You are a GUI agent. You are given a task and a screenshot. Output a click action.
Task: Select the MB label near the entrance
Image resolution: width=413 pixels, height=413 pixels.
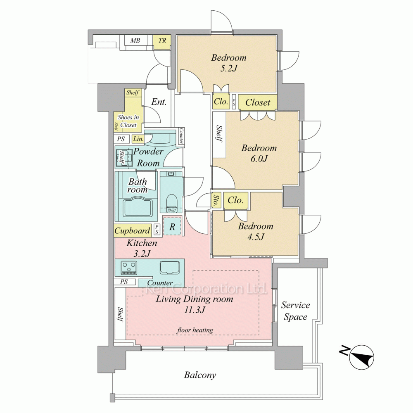point(135,40)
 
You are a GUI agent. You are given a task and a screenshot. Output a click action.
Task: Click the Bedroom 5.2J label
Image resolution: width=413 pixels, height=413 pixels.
point(229,63)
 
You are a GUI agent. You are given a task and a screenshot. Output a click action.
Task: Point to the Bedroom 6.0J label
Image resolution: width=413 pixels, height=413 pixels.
point(259,153)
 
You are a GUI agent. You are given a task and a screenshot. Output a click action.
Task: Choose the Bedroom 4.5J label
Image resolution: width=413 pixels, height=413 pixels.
point(256,231)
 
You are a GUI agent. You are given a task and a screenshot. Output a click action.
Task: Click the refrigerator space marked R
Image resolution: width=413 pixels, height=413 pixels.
point(172,226)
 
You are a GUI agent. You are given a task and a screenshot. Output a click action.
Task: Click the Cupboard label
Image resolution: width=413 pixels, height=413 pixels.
point(132,231)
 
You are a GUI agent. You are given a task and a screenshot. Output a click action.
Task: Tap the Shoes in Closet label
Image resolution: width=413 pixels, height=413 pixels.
point(128,121)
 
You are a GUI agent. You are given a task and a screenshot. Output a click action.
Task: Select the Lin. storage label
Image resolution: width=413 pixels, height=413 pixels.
point(138,139)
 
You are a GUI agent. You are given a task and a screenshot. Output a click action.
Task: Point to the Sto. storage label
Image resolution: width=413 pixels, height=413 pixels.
point(216,200)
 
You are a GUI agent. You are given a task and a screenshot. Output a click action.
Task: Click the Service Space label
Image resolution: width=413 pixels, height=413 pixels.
point(296,311)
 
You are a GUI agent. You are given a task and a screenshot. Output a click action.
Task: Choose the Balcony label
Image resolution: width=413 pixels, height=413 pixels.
point(200,375)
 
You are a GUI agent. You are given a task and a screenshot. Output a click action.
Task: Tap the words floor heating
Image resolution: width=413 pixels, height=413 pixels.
point(195,330)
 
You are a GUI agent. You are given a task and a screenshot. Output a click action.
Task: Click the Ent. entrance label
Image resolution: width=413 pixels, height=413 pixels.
point(159,102)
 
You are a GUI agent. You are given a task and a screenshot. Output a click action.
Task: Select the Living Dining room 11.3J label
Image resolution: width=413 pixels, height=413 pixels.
point(195,304)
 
